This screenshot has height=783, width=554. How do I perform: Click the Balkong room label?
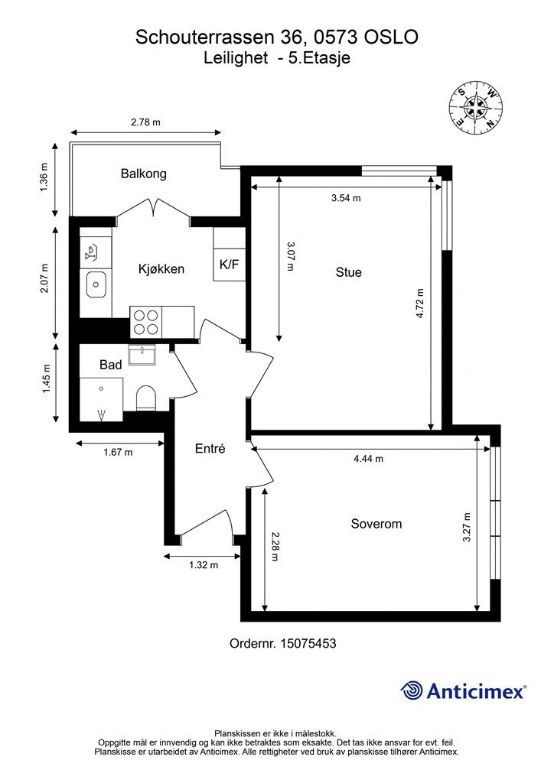tap(143, 174)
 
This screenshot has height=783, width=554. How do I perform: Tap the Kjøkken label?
tap(161, 269)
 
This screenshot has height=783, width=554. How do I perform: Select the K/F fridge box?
tap(230, 265)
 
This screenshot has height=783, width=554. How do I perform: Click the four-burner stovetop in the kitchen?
tap(146, 322)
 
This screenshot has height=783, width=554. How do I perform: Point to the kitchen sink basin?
tap(96, 284)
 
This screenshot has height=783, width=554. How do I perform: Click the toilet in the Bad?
tap(146, 398)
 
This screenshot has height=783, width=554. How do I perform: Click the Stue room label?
tap(349, 272)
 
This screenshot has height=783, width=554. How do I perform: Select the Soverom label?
tap(376, 524)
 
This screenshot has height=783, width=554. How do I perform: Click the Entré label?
tap(210, 448)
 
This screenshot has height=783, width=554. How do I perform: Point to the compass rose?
tap(475, 107)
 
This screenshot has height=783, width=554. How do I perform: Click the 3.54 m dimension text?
tap(346, 198)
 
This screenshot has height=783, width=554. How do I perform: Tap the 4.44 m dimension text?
tap(369, 459)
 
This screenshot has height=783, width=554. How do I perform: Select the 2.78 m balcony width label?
tap(146, 122)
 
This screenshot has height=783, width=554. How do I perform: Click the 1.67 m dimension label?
tap(118, 453)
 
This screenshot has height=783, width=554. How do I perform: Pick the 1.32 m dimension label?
tap(204, 565)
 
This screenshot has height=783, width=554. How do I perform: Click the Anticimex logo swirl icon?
tap(412, 690)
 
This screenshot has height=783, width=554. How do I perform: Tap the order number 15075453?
tap(308, 643)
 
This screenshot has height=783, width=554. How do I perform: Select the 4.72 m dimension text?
tap(420, 304)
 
